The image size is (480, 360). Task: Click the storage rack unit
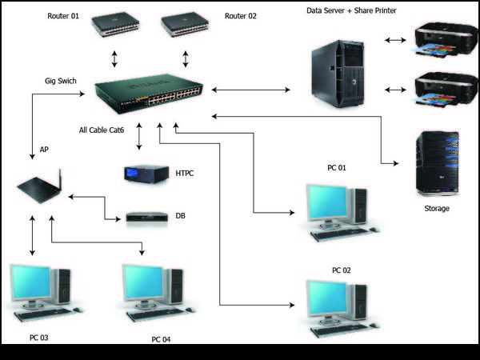[x=435, y=163]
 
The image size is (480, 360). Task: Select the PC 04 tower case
[x=175, y=288]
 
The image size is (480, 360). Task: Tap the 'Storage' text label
[x=437, y=209]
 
